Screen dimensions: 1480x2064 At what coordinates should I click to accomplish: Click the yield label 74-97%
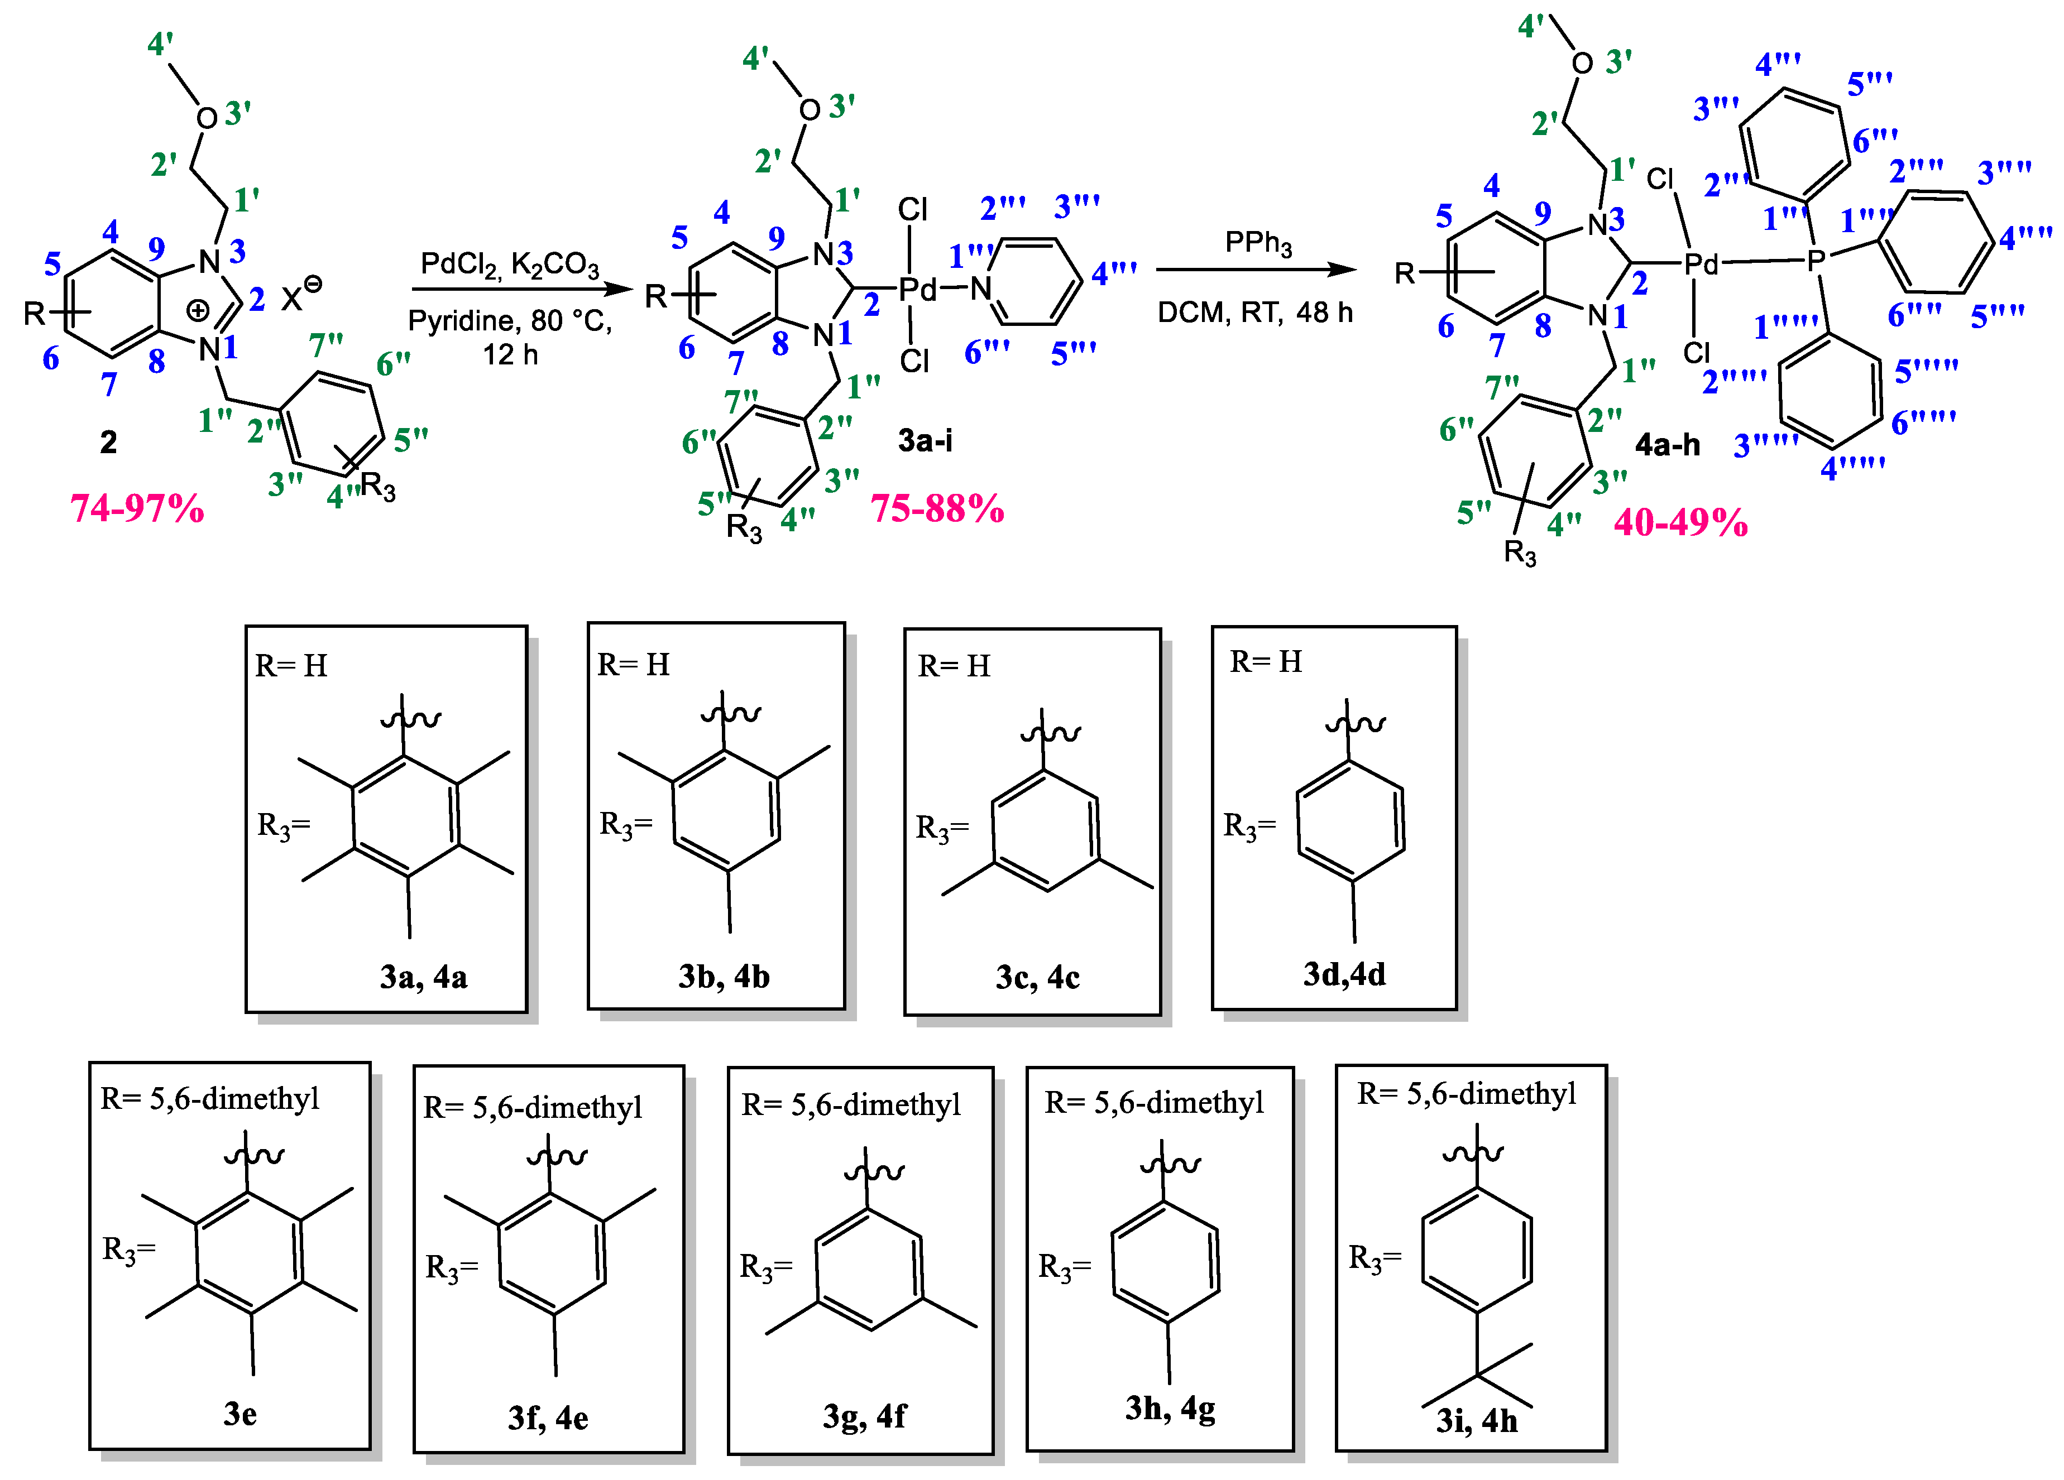coord(137,508)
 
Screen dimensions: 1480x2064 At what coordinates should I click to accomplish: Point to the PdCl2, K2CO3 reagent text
coord(510,264)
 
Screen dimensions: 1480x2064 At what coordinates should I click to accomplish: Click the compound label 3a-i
coord(925,440)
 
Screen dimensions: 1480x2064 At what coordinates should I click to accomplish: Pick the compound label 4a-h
coord(1667,445)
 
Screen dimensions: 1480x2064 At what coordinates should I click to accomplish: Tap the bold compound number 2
coord(108,442)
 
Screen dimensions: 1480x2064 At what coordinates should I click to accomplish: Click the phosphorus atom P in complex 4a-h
coord(1816,261)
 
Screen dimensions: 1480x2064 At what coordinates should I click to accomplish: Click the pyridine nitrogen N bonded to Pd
coord(980,289)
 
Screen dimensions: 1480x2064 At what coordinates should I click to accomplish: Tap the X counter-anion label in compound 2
coord(291,299)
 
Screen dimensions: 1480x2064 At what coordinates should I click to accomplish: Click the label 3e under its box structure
coord(240,1414)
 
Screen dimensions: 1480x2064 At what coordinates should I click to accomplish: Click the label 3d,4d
coord(1344,974)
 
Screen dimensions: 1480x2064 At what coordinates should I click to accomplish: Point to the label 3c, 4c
coord(1037,977)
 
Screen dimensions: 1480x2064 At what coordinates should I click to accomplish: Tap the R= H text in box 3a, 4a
coord(291,666)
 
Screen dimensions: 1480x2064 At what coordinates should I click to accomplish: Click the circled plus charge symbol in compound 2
coord(198,311)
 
